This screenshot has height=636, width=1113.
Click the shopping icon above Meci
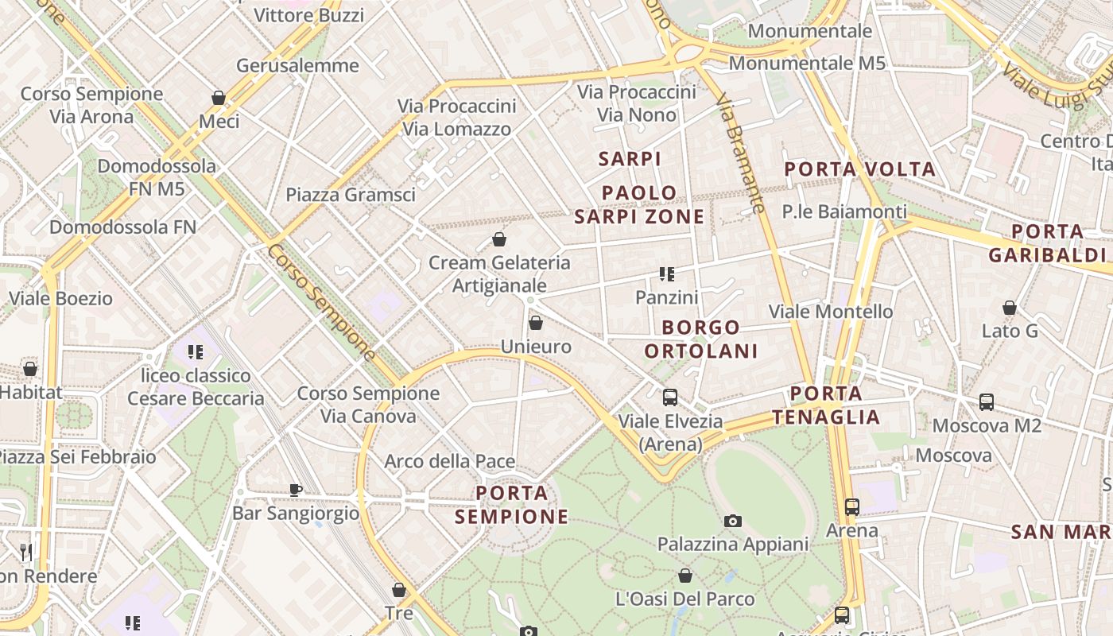point(219,98)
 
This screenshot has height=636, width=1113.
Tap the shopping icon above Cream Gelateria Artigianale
point(499,238)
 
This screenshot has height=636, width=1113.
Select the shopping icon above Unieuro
point(536,323)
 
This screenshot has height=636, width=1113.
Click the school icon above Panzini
point(667,274)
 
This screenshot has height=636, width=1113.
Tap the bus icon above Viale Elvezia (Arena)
point(670,397)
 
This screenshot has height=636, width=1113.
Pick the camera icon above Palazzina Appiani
point(733,521)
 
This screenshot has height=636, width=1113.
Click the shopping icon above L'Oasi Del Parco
point(685,576)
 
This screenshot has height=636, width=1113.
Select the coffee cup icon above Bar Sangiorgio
point(296,490)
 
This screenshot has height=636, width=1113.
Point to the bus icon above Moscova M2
point(987,401)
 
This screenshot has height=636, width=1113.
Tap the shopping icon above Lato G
point(1010,307)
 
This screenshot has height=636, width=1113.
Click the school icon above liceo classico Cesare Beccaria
point(196,351)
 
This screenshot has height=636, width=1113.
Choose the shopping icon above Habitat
point(30,369)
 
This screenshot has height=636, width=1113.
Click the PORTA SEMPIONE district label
point(512,505)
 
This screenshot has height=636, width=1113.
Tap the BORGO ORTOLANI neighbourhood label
point(700,339)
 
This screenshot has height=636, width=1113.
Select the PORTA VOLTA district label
point(859,169)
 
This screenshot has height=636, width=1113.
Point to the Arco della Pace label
point(450,462)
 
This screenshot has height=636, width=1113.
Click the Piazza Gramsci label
point(351,195)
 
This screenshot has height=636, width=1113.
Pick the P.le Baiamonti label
point(844,212)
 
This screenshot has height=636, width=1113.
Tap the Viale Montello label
point(831,312)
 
